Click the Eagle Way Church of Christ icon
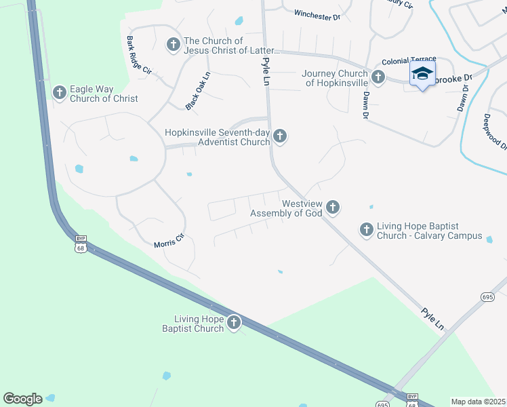click(x=60, y=92)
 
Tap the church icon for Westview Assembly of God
click(x=332, y=206)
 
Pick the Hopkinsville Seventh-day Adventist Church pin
click(x=279, y=138)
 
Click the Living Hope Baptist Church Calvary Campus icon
click(x=367, y=230)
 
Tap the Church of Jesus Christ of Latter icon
click(x=173, y=45)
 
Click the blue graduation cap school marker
click(x=422, y=74)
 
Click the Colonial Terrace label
click(x=409, y=60)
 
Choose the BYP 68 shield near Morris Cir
click(x=81, y=244)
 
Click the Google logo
click(x=22, y=399)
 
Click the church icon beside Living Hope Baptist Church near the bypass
click(x=234, y=323)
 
